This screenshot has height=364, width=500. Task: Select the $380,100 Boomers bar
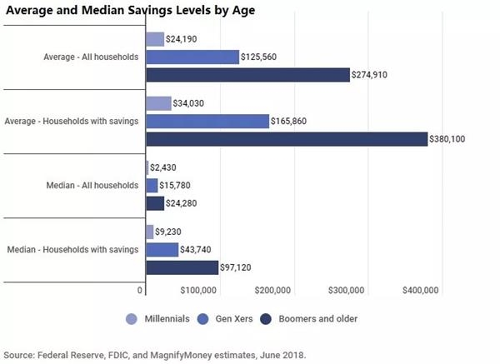pyautogui.click(x=286, y=139)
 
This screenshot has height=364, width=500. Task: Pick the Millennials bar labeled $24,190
pyautogui.click(x=155, y=38)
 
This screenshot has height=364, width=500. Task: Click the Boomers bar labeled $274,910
pyautogui.click(x=247, y=75)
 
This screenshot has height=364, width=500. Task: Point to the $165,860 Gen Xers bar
pyautogui.click(x=207, y=121)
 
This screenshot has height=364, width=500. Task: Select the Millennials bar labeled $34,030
pyautogui.click(x=158, y=103)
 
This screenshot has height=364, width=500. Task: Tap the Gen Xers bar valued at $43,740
pyautogui.click(x=162, y=249)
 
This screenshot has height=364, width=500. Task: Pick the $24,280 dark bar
pyautogui.click(x=155, y=203)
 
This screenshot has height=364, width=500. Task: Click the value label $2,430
pyautogui.click(x=163, y=167)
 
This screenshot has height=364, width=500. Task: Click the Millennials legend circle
pyautogui.click(x=132, y=319)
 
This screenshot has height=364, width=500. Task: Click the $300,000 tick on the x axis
pyautogui.click(x=346, y=290)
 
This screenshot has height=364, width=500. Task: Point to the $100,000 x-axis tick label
pyautogui.click(x=198, y=290)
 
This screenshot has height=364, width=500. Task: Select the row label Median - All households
pyautogui.click(x=92, y=185)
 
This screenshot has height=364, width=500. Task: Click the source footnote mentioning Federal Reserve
pyautogui.click(x=155, y=354)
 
